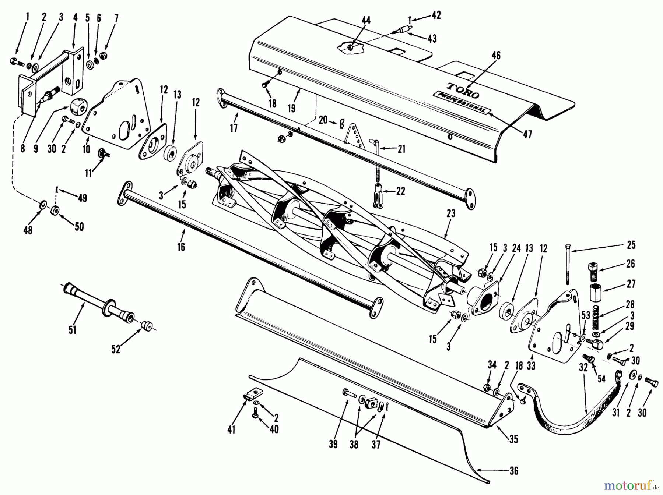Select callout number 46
496,56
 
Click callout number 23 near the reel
450,213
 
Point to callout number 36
514,471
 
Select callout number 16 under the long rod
181,247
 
